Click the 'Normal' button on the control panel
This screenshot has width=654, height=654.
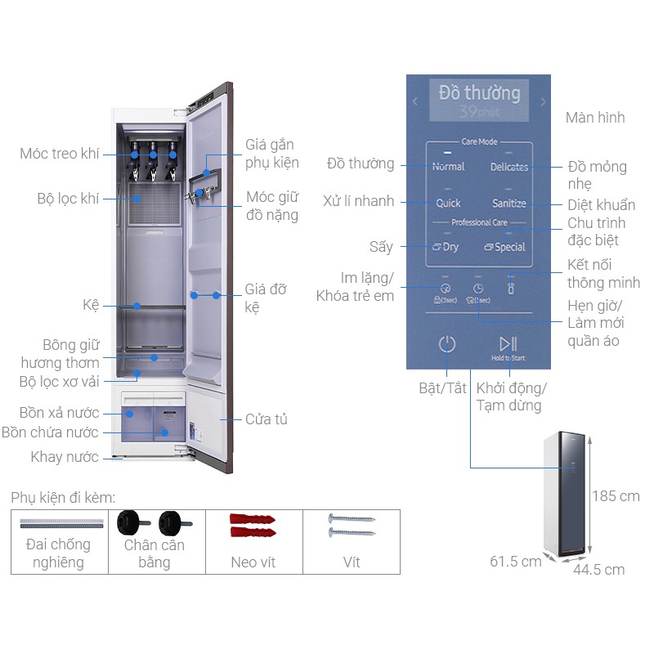[448, 167]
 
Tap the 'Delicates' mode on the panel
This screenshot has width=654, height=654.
[508, 167]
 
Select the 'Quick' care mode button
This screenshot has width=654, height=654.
[448, 203]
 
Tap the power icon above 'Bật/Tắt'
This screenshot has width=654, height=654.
[446, 344]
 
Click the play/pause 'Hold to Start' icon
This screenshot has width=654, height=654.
[508, 344]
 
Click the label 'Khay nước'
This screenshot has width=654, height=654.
[65, 457]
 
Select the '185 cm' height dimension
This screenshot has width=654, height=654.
[617, 496]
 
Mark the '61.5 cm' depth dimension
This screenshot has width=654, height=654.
[516, 562]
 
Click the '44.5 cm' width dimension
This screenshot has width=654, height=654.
[598, 570]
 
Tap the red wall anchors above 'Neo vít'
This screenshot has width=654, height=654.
[254, 527]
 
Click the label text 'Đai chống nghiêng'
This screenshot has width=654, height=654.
[58, 553]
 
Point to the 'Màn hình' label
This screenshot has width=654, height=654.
[595, 118]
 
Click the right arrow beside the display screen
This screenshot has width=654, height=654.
[543, 102]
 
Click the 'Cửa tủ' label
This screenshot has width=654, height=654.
[267, 419]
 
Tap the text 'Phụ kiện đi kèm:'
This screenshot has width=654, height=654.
[63, 498]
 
